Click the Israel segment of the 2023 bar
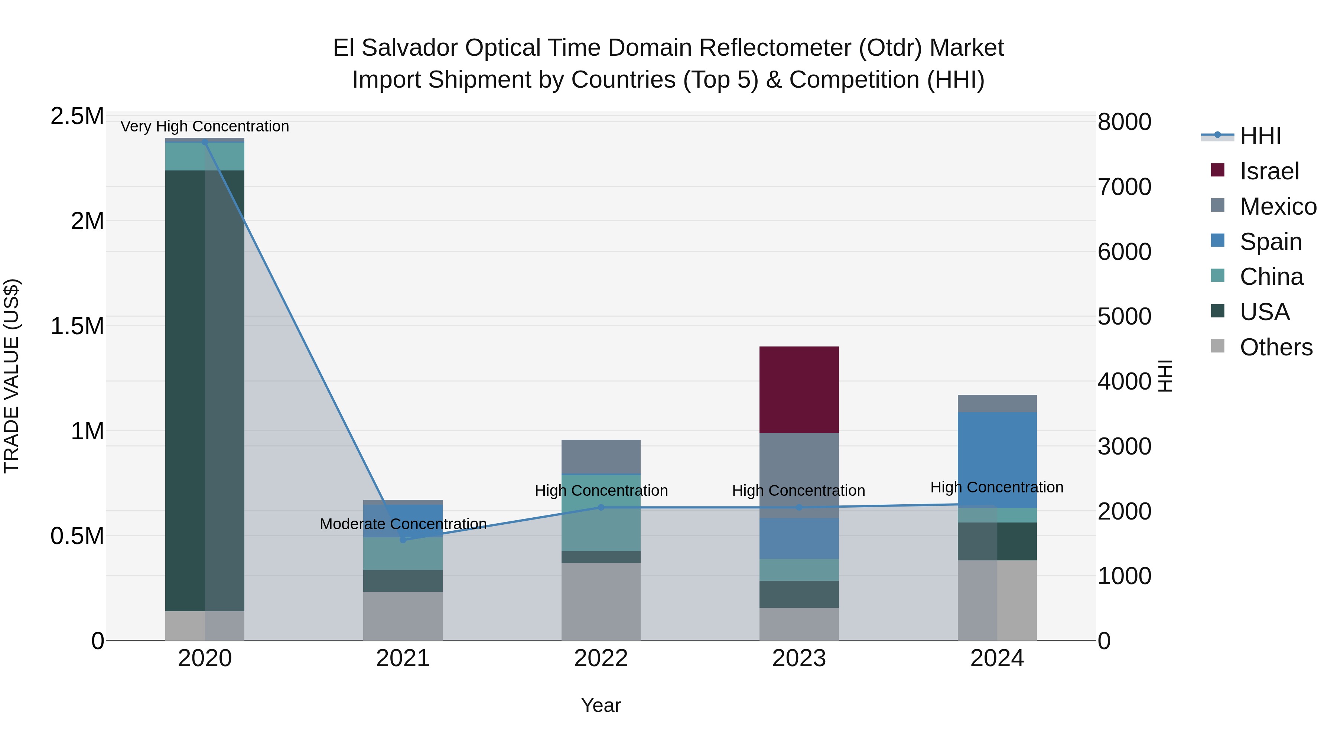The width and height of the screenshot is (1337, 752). click(799, 389)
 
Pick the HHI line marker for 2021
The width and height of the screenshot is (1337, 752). click(403, 540)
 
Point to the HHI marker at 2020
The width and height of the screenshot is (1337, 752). click(205, 142)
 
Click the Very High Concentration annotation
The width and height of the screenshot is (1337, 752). click(205, 126)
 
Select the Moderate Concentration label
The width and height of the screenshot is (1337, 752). click(403, 524)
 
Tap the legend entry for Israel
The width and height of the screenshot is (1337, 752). click(1269, 171)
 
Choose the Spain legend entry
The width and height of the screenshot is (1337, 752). click(1270, 241)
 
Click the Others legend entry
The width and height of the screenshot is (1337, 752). click(1276, 347)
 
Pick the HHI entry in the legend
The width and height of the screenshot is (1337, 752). click(1260, 136)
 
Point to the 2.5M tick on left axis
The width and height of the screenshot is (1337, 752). click(77, 116)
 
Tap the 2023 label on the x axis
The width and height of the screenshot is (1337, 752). click(799, 658)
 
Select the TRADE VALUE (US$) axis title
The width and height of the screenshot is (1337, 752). click(12, 376)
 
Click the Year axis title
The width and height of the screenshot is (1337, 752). click(601, 705)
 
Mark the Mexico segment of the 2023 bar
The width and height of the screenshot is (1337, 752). click(799, 475)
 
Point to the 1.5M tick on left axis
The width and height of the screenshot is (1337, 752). click(77, 326)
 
